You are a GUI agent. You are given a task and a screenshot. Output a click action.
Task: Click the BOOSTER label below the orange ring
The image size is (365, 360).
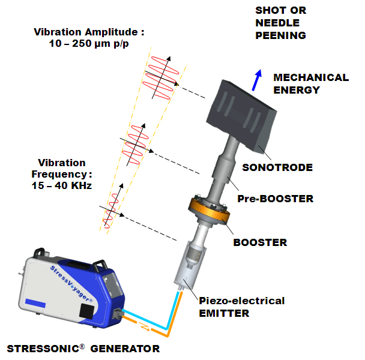260,243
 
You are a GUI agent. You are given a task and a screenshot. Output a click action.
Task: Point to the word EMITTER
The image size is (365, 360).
225,313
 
